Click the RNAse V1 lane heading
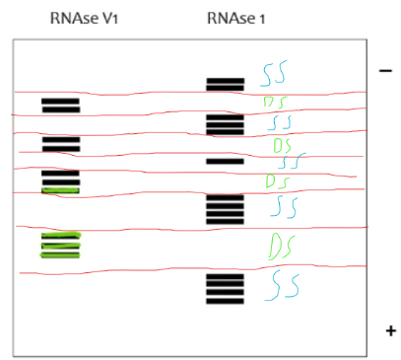pos(79,20)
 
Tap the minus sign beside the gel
pos(385,71)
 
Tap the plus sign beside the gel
pos(389,329)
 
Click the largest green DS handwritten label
pos(283,244)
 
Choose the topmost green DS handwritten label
pos(275,102)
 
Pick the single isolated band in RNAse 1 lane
pos(225,160)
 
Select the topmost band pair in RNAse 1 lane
pos(225,84)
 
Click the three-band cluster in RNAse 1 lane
pos(225,124)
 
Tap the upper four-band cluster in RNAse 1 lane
pos(225,209)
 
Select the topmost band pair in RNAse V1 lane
pos(60,105)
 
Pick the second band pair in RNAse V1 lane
pos(60,144)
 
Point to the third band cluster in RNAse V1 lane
pos(60,181)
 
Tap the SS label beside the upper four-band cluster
pos(285,206)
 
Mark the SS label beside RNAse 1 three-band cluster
pos(281,122)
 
